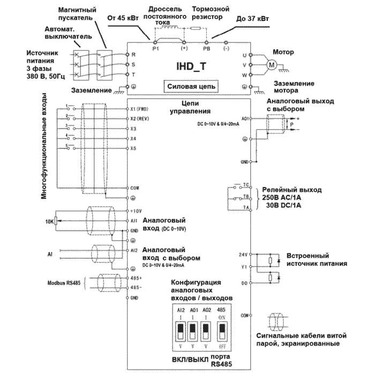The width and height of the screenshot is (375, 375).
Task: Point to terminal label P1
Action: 156,48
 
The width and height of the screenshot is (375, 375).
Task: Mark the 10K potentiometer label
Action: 50,221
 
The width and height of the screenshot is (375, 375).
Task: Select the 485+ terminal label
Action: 135,277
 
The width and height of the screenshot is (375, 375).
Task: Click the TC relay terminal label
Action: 246,185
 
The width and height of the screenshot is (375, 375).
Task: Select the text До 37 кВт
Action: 253,19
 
